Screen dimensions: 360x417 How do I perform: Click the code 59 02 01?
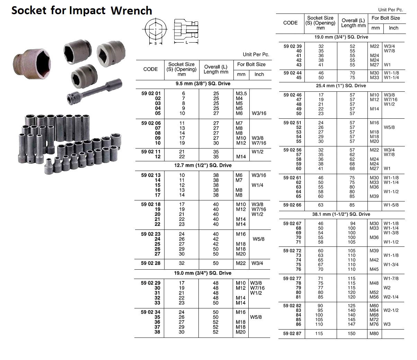pyautogui.click(x=151, y=93)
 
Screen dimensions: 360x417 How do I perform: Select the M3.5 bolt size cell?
pyautogui.click(x=241, y=93)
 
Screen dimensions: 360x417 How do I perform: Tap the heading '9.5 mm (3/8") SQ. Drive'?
pyautogui.click(x=203, y=83)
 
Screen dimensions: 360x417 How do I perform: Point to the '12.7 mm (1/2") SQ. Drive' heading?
pyautogui.click(x=203, y=165)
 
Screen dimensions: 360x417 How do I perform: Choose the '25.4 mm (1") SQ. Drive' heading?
pyautogui.click(x=341, y=85)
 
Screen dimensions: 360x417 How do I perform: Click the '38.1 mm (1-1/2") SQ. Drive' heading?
pyautogui.click(x=341, y=214)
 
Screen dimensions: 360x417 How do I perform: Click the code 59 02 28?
pyautogui.click(x=151, y=263)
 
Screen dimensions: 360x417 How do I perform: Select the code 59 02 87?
pyautogui.click(x=292, y=334)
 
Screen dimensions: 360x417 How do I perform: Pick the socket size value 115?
pyautogui.click(x=319, y=334)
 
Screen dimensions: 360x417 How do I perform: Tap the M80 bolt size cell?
pyautogui.click(x=374, y=334)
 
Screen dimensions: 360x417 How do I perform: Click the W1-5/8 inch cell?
pyautogui.click(x=391, y=205)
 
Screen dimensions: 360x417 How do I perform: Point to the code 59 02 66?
pyautogui.click(x=292, y=205)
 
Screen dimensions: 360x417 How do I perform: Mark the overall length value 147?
pyautogui.click(x=352, y=324)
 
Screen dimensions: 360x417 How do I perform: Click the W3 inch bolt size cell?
pyautogui.click(x=387, y=324)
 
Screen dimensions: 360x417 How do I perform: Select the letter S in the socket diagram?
pyautogui.click(x=156, y=44)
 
